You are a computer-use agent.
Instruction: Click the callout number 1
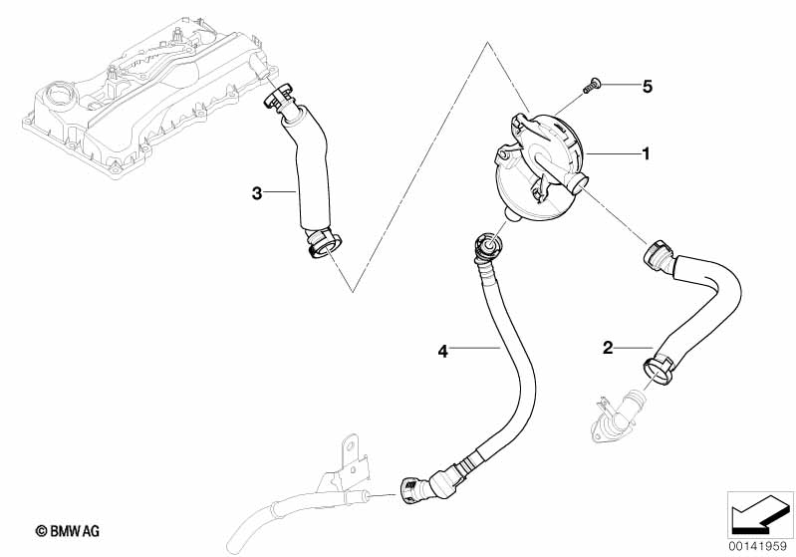(646, 154)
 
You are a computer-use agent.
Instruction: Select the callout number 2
(607, 348)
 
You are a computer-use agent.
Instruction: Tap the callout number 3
(256, 193)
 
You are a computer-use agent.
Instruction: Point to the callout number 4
(444, 350)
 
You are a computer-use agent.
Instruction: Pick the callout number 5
(646, 87)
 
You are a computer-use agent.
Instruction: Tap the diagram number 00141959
(759, 545)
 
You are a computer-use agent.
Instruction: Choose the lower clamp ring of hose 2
(659, 369)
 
